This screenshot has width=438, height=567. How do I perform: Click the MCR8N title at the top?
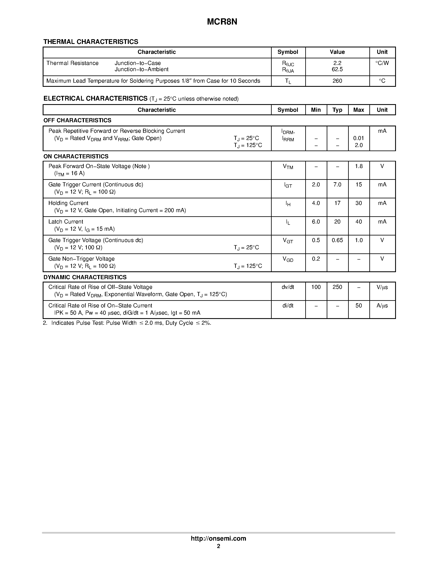(222, 22)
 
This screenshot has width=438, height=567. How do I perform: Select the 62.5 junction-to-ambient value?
(337, 69)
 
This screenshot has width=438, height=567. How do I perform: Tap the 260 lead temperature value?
(337, 81)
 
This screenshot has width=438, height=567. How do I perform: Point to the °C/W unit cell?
(382, 63)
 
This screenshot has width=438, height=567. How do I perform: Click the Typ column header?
(337, 110)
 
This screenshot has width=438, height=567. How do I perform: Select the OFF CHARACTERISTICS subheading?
(77, 120)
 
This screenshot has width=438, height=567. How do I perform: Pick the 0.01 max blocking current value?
(358, 138)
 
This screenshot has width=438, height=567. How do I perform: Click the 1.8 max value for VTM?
(359, 166)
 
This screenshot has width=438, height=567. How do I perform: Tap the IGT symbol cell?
(288, 185)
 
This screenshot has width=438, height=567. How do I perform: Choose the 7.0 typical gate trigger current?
(337, 185)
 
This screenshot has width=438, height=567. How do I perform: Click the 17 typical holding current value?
(337, 203)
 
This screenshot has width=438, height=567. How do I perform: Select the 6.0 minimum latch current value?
(316, 222)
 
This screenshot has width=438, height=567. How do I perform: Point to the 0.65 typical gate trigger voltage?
(337, 240)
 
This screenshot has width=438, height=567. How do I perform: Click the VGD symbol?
(288, 259)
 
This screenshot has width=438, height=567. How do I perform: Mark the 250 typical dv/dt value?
(337, 287)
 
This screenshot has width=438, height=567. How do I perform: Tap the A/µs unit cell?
(382, 306)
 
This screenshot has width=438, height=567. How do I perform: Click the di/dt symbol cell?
(288, 306)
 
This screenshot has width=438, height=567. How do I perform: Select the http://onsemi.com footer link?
(218, 538)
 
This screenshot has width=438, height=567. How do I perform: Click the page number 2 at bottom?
(218, 546)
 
